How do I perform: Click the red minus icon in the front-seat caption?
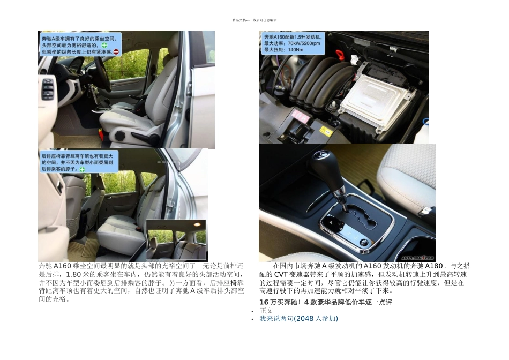116,52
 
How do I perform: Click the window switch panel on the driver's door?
48,89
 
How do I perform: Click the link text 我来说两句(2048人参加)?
298,318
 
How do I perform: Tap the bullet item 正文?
266,310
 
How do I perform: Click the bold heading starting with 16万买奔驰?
325,302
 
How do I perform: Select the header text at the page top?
254,20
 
